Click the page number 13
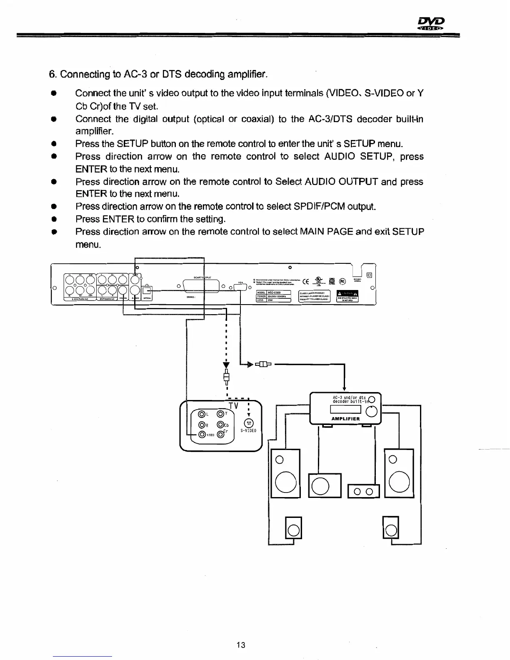tap(240, 645)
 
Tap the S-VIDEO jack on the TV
tap(248, 422)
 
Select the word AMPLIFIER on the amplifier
tap(345, 419)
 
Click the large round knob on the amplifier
tap(371, 412)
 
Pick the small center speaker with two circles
tap(364, 492)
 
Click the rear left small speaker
tap(293, 528)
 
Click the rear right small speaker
tap(392, 528)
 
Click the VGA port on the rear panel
tap(241, 287)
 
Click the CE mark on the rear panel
tap(305, 281)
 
